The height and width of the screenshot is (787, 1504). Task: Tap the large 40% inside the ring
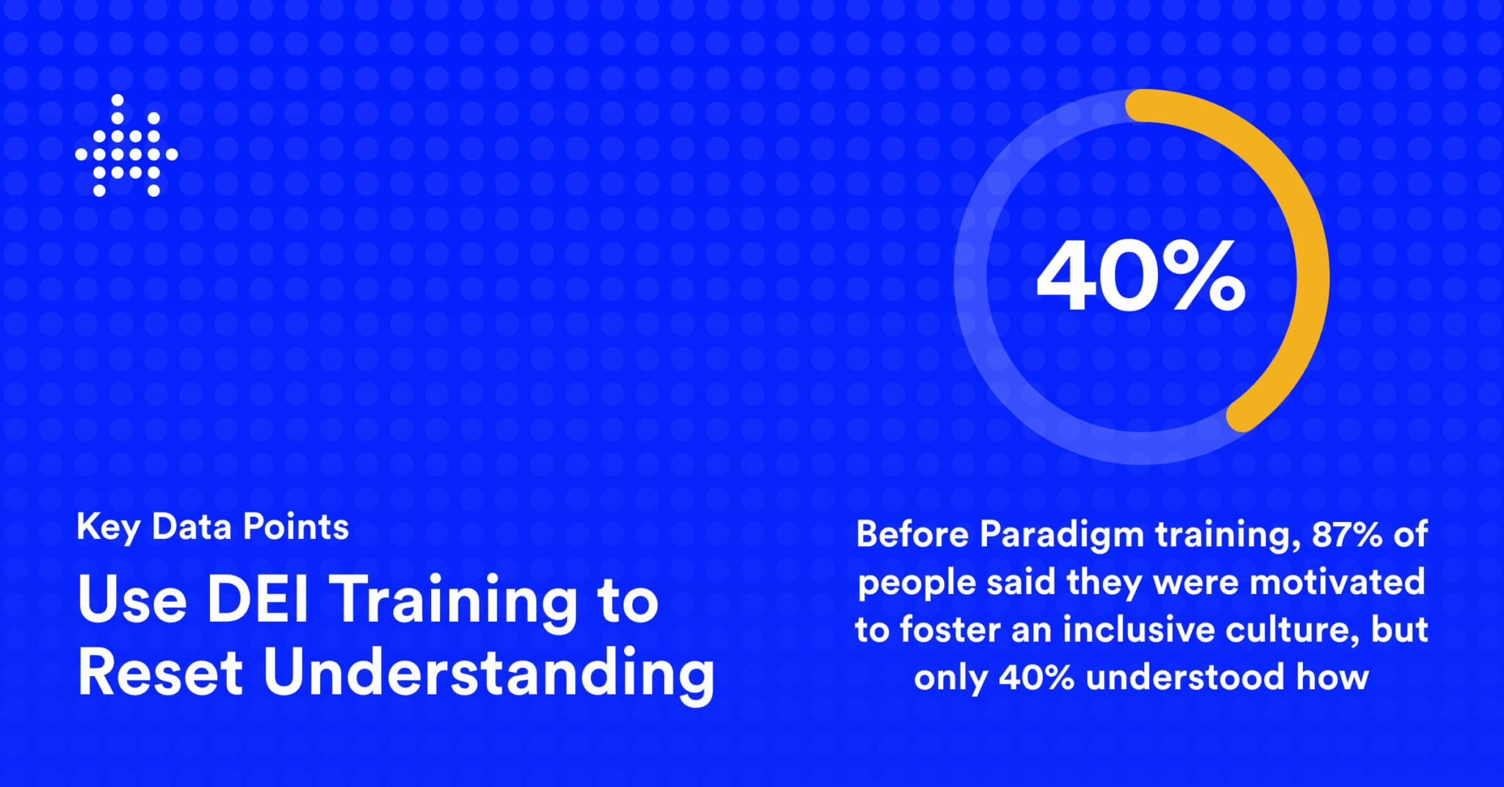click(1140, 277)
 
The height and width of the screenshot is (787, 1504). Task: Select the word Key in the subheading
click(107, 528)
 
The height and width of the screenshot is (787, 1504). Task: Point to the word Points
click(295, 526)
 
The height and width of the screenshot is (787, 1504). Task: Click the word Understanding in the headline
click(489, 674)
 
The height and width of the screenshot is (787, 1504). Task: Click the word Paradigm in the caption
click(1061, 535)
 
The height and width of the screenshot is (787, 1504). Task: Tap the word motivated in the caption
click(1337, 581)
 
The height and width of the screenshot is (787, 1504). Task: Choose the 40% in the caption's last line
click(1036, 677)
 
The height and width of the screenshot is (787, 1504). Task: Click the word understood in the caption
click(1185, 677)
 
